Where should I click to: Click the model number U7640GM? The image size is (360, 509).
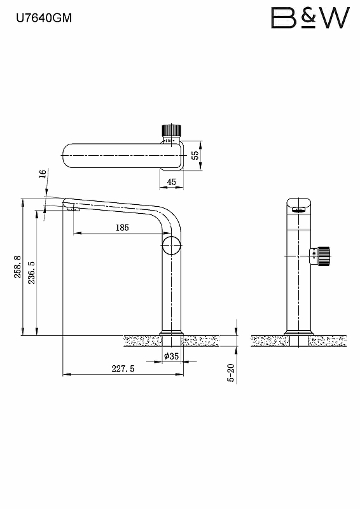coord(44,18)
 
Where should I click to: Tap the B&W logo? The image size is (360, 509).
coord(310,18)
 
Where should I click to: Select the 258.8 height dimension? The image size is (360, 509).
coord(18,267)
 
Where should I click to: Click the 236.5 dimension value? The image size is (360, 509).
coord(32,273)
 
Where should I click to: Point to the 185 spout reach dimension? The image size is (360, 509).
coord(122,228)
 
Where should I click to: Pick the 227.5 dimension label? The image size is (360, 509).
coord(123,369)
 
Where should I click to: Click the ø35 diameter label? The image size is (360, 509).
coord(171,356)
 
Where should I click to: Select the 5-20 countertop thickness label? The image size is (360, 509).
coord(231,373)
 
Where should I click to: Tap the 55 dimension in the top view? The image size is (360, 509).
coord(195,155)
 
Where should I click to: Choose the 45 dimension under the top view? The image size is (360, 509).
coord(171,182)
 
